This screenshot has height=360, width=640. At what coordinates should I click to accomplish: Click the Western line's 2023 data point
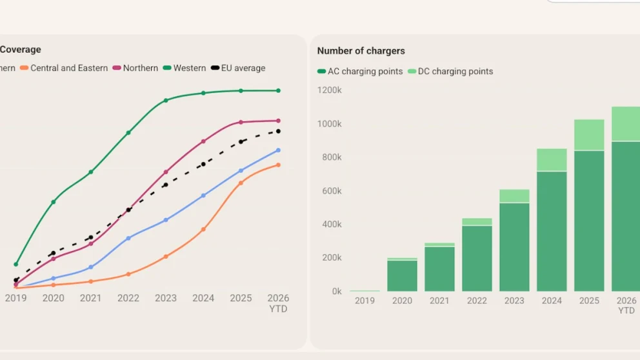coord(166,101)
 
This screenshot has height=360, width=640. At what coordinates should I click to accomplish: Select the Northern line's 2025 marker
coord(241,122)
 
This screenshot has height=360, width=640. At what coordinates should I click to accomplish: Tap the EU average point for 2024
coord(203,165)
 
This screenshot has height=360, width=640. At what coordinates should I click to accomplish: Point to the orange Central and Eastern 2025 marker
coord(241,183)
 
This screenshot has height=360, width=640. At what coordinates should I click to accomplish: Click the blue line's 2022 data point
coord(128,238)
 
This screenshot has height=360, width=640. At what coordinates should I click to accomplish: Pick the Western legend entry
coord(185,68)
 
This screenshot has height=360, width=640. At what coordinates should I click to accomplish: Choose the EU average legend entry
coord(238,68)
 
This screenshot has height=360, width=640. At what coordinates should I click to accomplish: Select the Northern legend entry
coord(135,68)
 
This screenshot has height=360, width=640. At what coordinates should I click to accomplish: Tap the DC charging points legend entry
coord(450,72)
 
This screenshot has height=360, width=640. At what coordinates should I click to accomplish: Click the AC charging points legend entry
coord(360,72)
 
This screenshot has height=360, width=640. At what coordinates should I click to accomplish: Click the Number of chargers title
coord(361,51)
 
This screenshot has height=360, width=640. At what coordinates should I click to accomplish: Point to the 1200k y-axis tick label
coord(330,90)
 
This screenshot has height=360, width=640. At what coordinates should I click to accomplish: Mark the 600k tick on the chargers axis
coord(332,191)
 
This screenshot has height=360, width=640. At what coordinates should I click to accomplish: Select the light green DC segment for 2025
coord(590,135)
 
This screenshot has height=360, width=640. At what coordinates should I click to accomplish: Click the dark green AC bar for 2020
coord(403,276)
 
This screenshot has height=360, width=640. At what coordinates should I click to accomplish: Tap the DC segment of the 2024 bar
coord(552,159)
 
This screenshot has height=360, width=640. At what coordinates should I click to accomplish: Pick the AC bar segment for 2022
coord(477,259)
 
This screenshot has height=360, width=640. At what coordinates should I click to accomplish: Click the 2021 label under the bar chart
coord(439,301)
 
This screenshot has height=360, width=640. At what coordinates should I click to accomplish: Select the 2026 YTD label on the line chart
coord(278,303)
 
